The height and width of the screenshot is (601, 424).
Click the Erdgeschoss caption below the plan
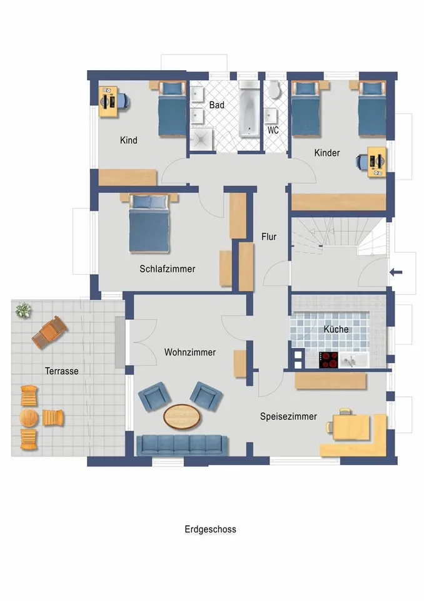[210, 530]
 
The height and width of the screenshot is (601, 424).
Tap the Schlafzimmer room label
[168, 269]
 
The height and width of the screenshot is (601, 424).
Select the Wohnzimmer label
[190, 352]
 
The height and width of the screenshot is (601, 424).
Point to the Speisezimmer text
[288, 417]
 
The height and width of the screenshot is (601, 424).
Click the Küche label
[336, 329]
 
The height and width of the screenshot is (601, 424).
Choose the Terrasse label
[62, 371]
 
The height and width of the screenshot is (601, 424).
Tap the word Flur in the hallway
[269, 237]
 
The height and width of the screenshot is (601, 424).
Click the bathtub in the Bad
[250, 109]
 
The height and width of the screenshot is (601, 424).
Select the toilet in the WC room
[275, 90]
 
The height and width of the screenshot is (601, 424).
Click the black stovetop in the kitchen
[328, 360]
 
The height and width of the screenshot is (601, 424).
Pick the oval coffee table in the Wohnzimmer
[181, 416]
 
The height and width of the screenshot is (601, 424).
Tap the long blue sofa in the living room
[182, 444]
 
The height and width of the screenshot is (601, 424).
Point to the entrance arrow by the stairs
[396, 272]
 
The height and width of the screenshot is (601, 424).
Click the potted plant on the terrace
[23, 310]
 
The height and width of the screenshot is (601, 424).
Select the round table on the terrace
[29, 418]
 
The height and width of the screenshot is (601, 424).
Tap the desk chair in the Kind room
[124, 101]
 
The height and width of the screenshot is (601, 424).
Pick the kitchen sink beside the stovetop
[354, 361]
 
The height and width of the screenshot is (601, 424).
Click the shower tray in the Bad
[202, 139]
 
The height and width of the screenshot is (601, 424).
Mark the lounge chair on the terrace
[49, 332]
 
